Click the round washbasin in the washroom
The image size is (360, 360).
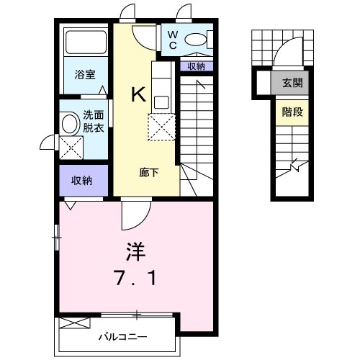tap(70, 123)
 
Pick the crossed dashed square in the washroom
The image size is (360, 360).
tap(71, 149)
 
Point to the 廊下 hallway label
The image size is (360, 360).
tap(148, 173)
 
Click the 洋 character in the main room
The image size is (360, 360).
tap(136, 253)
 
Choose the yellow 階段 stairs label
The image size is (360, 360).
tap(291, 112)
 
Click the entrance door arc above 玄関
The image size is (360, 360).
tap(288, 56)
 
